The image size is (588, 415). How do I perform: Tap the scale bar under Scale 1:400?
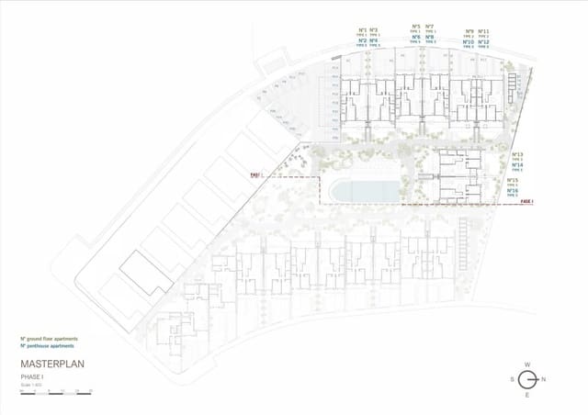pos(55,391)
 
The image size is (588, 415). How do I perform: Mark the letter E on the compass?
pos(527,395)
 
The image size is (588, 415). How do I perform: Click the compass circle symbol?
pos(527,380)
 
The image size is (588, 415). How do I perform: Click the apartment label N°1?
pos(363,30)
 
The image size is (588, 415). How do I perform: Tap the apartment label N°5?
pos(416,26)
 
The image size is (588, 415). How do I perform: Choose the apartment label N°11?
pos(484,30)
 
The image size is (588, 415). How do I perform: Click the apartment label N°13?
pos(517,154)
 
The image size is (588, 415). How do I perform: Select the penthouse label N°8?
pos(430,37)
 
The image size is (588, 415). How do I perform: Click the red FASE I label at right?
pos(526,200)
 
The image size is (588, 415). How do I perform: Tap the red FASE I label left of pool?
pos(255,174)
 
